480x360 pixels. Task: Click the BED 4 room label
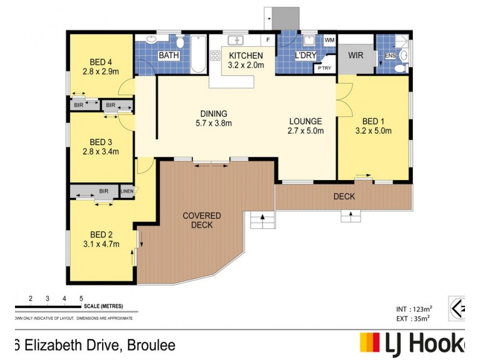click(x=101, y=61)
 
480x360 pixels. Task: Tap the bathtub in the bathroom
click(x=199, y=55)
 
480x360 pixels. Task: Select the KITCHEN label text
click(x=246, y=56)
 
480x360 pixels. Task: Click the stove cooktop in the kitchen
click(x=215, y=56)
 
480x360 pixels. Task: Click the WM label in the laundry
click(x=329, y=40)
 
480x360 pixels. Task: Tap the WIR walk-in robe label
click(x=356, y=56)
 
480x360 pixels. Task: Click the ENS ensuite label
click(x=390, y=56)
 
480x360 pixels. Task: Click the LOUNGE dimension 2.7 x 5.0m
click(x=305, y=131)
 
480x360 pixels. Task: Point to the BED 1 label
click(x=373, y=121)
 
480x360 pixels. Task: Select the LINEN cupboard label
click(x=127, y=192)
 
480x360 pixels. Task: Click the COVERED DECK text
click(x=202, y=220)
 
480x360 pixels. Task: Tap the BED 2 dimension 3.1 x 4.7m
click(x=101, y=244)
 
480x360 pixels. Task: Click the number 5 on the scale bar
click(x=81, y=298)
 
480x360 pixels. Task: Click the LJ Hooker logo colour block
click(x=370, y=342)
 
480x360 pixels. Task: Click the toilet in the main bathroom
click(x=180, y=41)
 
